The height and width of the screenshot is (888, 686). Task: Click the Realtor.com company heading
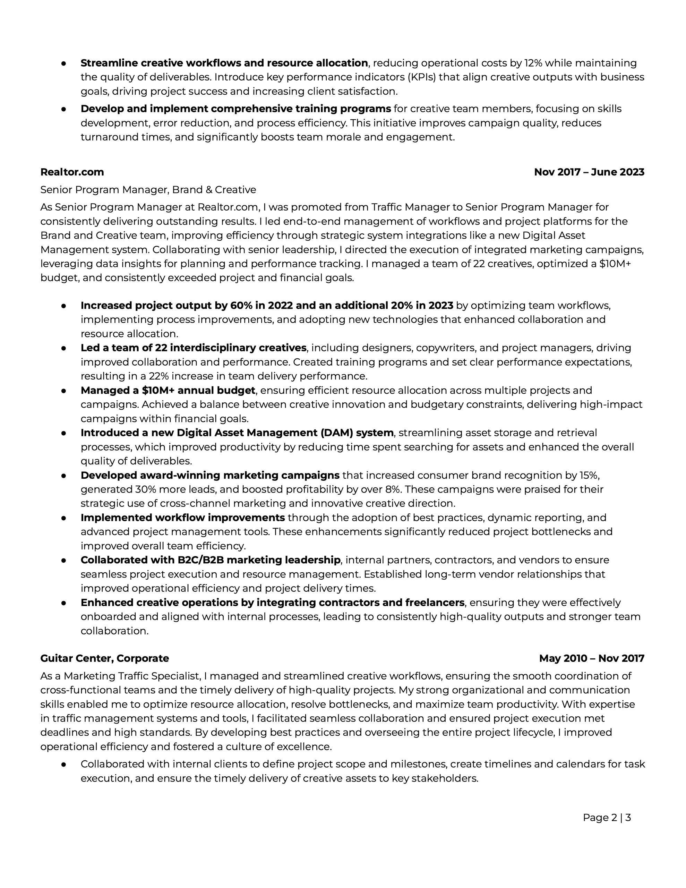click(72, 172)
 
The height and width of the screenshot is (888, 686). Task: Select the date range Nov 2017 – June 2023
click(589, 172)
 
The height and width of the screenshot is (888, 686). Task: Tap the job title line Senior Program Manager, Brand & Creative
click(148, 190)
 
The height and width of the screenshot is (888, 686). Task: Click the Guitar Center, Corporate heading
click(104, 658)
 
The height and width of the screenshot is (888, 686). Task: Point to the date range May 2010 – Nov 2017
click(591, 658)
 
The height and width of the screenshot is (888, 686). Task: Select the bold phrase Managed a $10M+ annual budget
click(168, 390)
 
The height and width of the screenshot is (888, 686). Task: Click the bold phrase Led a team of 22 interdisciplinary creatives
click(193, 348)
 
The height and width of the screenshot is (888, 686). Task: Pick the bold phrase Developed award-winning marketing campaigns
click(210, 475)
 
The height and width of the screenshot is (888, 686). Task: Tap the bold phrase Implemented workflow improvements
click(182, 518)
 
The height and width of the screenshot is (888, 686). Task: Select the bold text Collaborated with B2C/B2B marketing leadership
click(210, 560)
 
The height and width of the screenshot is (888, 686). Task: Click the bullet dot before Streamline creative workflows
click(63, 63)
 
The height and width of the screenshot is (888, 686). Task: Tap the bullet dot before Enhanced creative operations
click(63, 603)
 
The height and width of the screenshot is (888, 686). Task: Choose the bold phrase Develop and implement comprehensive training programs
click(235, 109)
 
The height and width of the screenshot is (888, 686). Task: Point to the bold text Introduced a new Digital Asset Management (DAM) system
click(237, 433)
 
